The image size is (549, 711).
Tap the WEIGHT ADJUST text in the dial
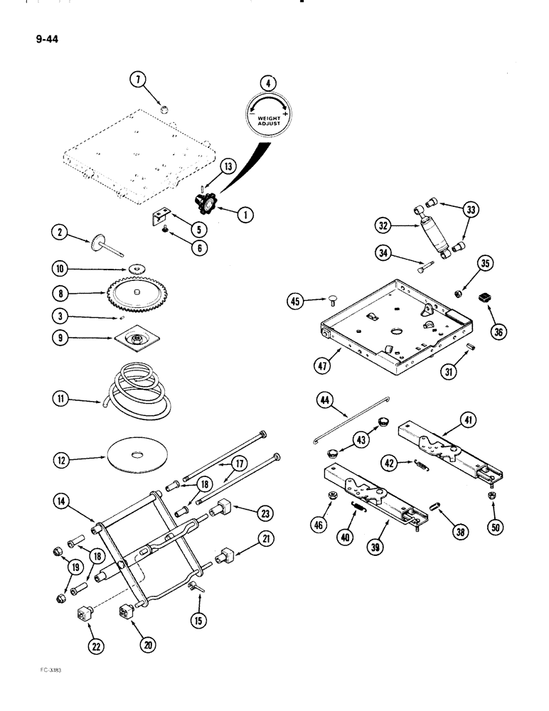(x=270, y=120)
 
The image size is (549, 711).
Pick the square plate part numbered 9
(x=132, y=341)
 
